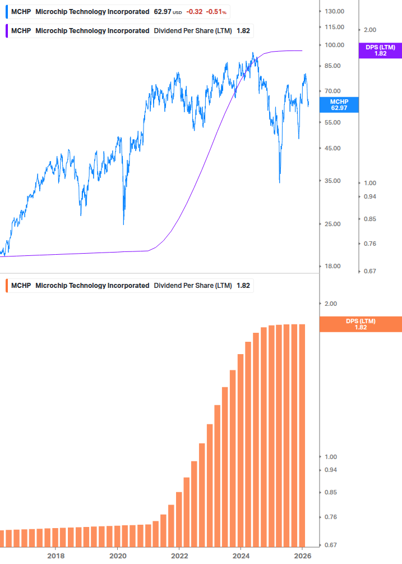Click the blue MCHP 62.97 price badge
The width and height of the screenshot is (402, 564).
pos(339,104)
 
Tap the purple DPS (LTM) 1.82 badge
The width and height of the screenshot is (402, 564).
pos(380,51)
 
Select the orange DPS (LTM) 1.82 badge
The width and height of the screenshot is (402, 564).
pos(360,324)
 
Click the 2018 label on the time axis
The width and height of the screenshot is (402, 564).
pos(56,556)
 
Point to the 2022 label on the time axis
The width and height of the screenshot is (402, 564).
pos(179,556)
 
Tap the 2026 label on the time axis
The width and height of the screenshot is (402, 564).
pos(302,556)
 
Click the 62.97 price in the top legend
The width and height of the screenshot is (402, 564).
pos(162,12)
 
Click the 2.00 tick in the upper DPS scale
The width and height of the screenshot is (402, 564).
pos(370,30)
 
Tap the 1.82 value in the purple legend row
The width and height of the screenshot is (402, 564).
pos(243,31)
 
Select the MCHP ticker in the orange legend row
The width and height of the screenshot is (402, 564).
pos(21,286)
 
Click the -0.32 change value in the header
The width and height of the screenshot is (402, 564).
pos(194,12)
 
